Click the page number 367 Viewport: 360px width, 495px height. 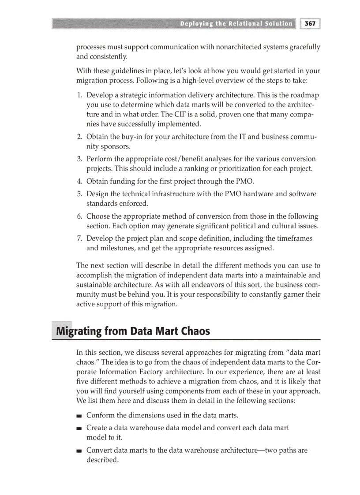pos(310,23)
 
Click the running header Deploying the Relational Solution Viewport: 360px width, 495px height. pos(236,24)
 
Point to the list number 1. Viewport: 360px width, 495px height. pos(79,95)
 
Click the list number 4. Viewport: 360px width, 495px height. pos(79,181)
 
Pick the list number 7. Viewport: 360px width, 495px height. pos(79,238)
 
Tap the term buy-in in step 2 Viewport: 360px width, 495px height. pos(132,137)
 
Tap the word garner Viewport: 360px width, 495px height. pos(293,294)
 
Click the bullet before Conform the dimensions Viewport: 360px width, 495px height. pos(79,416)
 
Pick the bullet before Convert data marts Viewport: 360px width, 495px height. pos(79,451)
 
